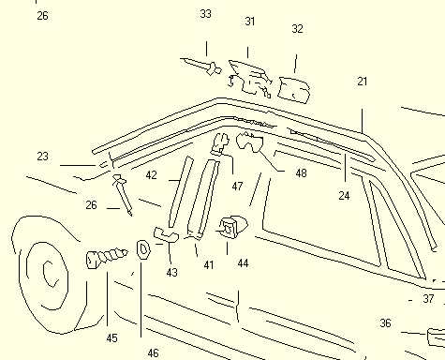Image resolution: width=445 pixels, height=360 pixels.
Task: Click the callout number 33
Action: click(205, 14)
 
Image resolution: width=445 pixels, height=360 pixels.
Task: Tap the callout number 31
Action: click(250, 22)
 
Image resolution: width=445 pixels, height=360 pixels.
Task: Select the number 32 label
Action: click(297, 29)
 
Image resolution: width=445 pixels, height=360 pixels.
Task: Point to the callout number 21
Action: click(362, 82)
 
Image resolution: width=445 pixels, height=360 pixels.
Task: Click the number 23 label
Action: click(43, 157)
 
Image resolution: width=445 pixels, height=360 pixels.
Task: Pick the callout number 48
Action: click(301, 173)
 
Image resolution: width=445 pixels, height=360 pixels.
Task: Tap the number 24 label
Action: click(344, 196)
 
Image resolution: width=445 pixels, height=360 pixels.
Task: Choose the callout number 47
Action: click(237, 187)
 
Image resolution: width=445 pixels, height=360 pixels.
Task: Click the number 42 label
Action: click(152, 175)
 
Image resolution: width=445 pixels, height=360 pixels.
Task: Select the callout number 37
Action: click(428, 299)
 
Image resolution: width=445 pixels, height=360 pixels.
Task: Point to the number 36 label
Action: click(385, 323)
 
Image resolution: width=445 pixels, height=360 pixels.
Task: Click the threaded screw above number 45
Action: click(107, 258)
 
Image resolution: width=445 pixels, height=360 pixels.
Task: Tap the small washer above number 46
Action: click(143, 249)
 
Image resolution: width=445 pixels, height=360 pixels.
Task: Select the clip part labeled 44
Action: click(232, 228)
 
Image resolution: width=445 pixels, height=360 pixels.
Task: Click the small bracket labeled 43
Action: click(166, 235)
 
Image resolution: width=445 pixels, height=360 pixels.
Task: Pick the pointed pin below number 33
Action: click(201, 67)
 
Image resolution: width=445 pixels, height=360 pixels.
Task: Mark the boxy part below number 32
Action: click(293, 90)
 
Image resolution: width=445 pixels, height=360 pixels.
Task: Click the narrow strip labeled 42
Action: click(181, 192)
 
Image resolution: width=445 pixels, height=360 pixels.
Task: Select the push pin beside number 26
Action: click(123, 194)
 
